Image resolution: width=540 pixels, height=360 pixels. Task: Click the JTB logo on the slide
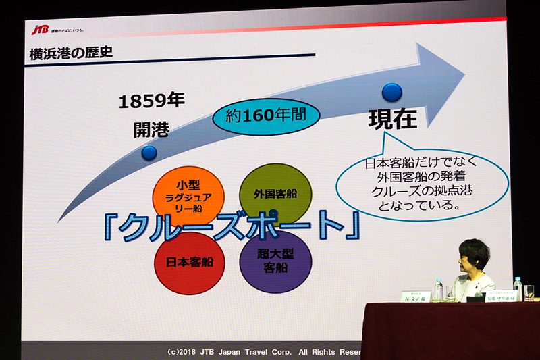click(x=40, y=30)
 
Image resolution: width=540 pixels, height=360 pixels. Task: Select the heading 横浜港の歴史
click(x=71, y=54)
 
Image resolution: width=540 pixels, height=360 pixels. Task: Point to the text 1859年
click(x=151, y=101)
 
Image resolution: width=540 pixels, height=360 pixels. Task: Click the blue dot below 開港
click(x=149, y=152)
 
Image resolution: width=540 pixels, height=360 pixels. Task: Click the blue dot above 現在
click(x=391, y=92)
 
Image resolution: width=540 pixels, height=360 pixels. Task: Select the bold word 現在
click(x=392, y=120)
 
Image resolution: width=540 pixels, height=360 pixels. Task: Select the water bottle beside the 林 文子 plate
click(x=439, y=289)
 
